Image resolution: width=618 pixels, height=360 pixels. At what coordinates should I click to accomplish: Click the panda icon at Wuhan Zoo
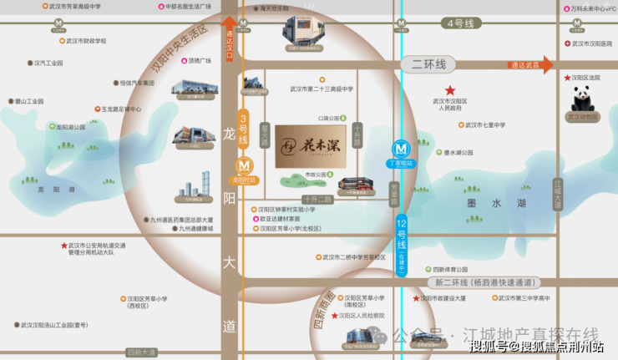tap(582, 99)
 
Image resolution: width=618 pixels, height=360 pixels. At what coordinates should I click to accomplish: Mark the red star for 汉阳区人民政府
tap(450, 90)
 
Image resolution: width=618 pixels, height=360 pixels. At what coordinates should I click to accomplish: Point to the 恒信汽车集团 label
tap(137, 84)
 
